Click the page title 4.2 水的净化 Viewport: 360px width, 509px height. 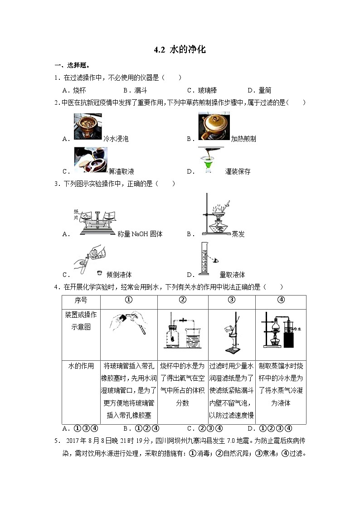tap(180, 50)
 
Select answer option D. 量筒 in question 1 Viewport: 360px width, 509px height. tap(259, 90)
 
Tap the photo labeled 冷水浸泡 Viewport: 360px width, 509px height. tap(88, 126)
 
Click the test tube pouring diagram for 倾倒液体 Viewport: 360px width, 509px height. tap(89, 260)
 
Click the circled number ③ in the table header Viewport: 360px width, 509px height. tap(231, 300)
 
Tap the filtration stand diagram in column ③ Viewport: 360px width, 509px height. tap(232, 334)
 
